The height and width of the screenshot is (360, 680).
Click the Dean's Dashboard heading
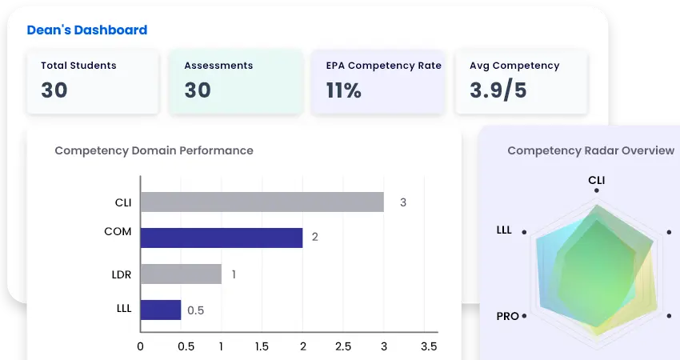[x=86, y=30]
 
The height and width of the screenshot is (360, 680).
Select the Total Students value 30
[x=54, y=90]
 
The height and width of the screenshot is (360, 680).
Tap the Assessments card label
[x=218, y=66]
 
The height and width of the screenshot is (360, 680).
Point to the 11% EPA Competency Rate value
[x=343, y=90]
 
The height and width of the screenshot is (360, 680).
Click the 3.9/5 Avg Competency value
[x=498, y=90]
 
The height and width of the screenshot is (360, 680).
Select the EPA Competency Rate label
[x=383, y=66]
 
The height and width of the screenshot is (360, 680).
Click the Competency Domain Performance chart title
[x=154, y=150]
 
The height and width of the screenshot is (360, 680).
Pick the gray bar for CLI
[x=262, y=202]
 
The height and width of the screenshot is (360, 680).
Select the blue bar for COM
[x=221, y=238]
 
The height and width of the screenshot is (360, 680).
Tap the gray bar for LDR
[x=181, y=274]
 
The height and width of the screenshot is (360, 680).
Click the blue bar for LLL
[x=161, y=310]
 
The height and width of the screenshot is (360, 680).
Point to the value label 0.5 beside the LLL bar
[x=195, y=310]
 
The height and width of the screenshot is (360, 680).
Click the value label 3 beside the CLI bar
[x=403, y=202]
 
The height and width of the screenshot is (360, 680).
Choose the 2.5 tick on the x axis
[x=343, y=346]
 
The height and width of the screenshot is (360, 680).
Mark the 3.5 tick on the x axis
[x=429, y=346]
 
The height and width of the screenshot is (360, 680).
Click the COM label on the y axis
[x=118, y=232]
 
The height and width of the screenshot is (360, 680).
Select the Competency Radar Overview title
[x=590, y=150]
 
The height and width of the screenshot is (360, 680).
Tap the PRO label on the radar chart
[x=507, y=316]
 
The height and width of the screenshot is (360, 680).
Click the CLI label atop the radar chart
[x=597, y=180]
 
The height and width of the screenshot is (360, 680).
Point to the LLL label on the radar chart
[x=504, y=230]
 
